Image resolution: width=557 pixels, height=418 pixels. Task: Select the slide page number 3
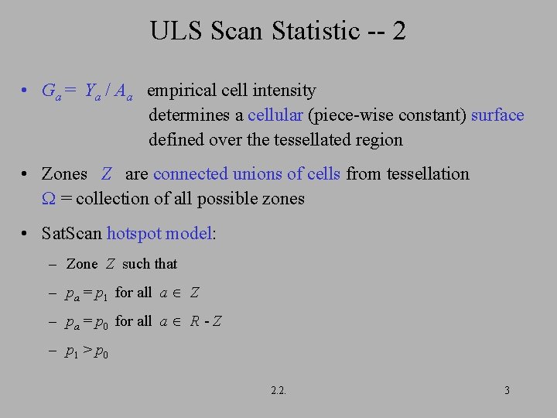(507, 390)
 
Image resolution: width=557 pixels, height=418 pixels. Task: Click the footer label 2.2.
(278, 390)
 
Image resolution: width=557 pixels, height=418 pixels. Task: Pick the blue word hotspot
(134, 233)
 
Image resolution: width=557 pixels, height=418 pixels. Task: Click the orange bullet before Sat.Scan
(26, 234)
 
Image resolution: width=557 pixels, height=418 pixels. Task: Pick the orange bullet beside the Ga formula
(26, 91)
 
